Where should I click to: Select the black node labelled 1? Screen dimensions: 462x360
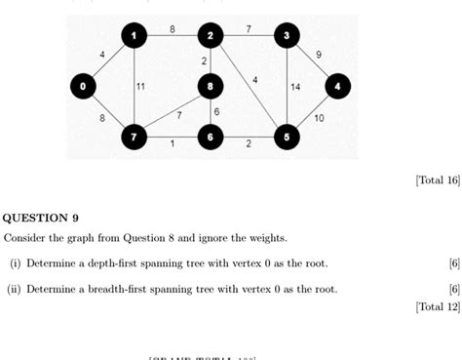pos(134,36)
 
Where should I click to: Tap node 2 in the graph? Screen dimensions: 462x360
pos(210,36)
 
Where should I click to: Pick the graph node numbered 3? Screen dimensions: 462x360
pos(286,36)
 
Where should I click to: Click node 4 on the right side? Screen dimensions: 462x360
pos(337,87)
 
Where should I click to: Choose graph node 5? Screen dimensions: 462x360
pos(286,138)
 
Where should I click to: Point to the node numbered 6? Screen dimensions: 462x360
pos(210,138)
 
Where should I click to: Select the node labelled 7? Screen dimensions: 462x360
pos(134,138)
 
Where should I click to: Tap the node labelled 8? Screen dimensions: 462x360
pos(210,87)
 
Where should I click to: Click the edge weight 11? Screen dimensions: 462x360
pos(140,87)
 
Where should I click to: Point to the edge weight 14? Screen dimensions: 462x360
pos(295,87)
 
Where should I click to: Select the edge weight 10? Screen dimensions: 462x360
pos(319,118)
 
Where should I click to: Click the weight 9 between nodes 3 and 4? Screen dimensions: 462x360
pos(319,55)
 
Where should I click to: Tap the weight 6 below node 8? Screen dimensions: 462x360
pos(216,112)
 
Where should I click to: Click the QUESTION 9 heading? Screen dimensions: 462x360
pos(42,218)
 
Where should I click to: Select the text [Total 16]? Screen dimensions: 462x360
pos(437,180)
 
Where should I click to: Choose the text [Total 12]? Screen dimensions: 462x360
pos(437,306)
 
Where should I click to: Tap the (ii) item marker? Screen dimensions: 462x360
pos(15,289)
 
